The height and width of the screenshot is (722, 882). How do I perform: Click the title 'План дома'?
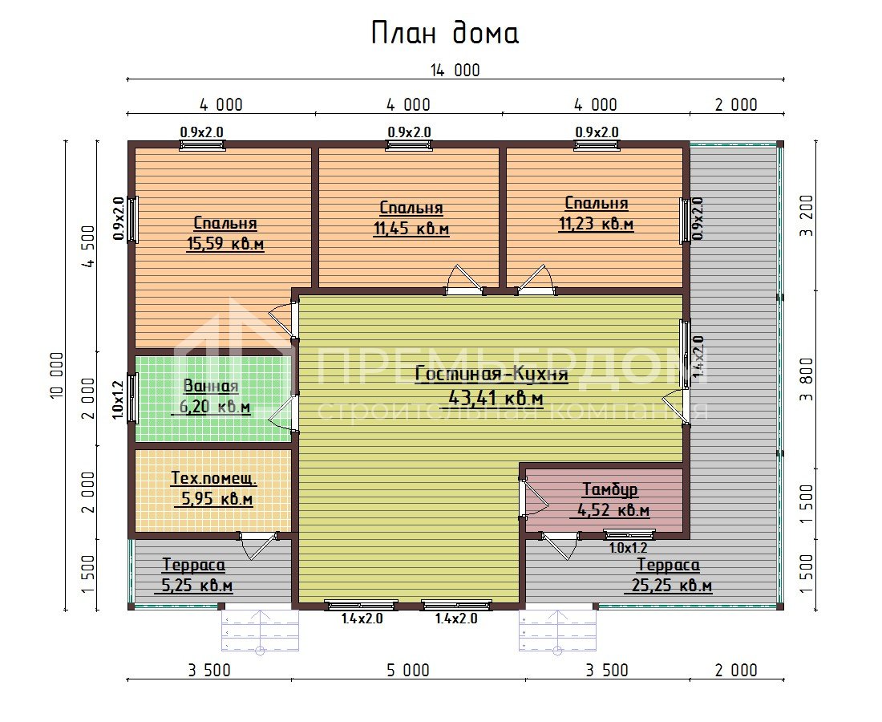(444, 33)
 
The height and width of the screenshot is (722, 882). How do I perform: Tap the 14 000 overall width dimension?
(455, 71)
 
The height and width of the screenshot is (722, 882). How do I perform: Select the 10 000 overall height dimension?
(58, 376)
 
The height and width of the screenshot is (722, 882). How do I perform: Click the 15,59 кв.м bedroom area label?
(225, 244)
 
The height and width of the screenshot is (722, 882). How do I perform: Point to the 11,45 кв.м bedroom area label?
(411, 229)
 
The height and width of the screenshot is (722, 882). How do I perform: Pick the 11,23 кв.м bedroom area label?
(597, 224)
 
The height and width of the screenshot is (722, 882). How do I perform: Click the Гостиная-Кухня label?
(492, 374)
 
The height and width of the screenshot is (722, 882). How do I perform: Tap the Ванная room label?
(211, 386)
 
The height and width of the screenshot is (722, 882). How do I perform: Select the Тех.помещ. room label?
(214, 478)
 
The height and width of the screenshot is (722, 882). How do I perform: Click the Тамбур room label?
(609, 489)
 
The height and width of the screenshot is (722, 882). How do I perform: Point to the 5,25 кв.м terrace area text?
(197, 586)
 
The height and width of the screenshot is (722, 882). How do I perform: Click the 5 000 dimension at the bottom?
(408, 670)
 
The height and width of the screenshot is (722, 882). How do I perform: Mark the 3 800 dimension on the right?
(807, 379)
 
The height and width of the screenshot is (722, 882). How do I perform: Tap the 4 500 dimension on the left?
(88, 246)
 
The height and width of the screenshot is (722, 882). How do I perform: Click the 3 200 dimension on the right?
(807, 216)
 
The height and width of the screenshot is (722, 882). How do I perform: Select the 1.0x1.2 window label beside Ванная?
(117, 400)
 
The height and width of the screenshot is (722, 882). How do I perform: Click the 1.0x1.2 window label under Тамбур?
(629, 548)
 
